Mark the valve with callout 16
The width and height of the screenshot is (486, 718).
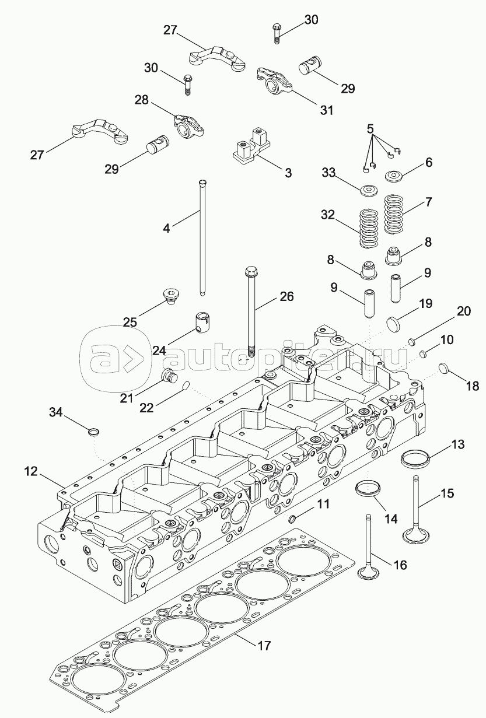pyautogui.click(x=369, y=548)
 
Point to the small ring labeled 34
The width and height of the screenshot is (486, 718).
pyautogui.click(x=93, y=432)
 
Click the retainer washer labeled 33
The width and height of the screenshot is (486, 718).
pyautogui.click(x=368, y=190)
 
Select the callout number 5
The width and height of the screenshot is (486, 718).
pyautogui.click(x=369, y=128)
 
